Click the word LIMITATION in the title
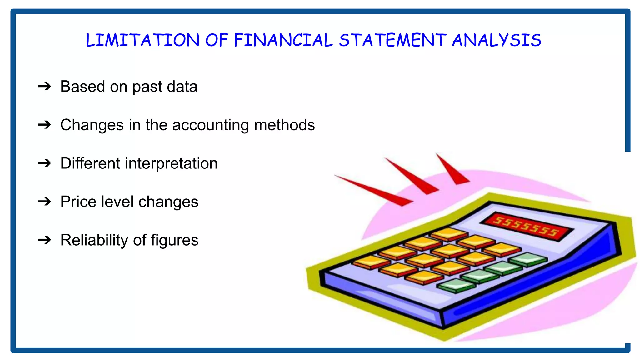click(x=142, y=40)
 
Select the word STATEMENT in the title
click(x=393, y=40)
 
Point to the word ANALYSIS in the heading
click(x=497, y=40)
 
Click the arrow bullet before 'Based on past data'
click(x=44, y=86)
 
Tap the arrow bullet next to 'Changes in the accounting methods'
click(x=44, y=125)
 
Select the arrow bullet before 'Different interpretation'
click(x=44, y=163)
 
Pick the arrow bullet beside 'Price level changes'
click(x=44, y=202)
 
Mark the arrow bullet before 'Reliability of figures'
click(x=44, y=240)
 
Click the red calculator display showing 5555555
click(x=527, y=226)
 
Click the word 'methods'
click(x=284, y=125)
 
